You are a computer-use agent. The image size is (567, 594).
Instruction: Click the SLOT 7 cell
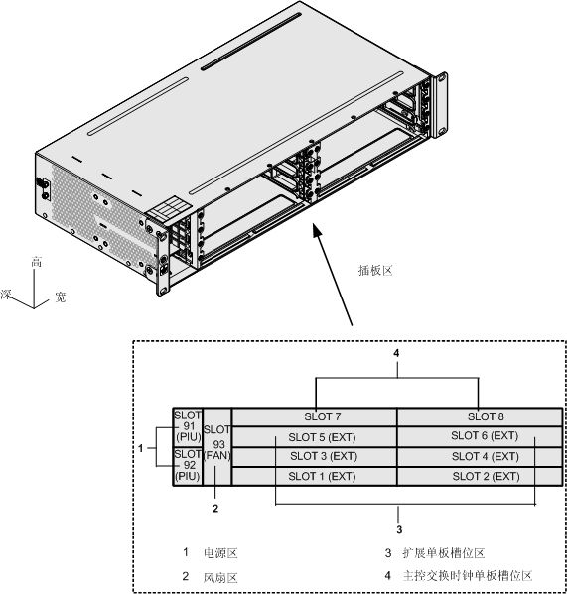(314, 416)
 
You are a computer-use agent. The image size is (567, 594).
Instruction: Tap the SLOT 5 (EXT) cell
(314, 436)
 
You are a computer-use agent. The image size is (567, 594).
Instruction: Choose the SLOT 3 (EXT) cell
(314, 456)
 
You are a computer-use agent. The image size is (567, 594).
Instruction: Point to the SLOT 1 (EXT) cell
(314, 476)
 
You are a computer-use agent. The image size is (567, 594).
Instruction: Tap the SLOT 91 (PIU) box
(186, 426)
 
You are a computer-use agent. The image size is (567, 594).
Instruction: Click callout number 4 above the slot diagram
(396, 353)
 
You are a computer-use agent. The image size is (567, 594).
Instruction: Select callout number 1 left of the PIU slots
(141, 448)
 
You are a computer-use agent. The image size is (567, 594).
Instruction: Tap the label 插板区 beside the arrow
(377, 269)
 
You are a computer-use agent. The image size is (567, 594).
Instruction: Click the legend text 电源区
(220, 552)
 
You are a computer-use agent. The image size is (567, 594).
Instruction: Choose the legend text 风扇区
(220, 576)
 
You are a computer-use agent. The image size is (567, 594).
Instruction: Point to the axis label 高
(37, 262)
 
